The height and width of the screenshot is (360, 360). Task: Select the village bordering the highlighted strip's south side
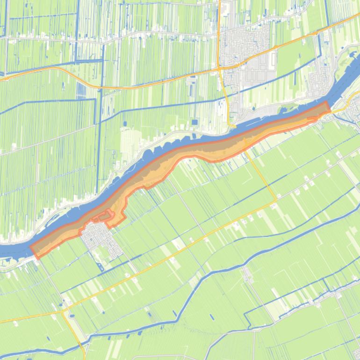[x=101, y=238]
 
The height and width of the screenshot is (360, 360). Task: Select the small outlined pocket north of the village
[x=103, y=216]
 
